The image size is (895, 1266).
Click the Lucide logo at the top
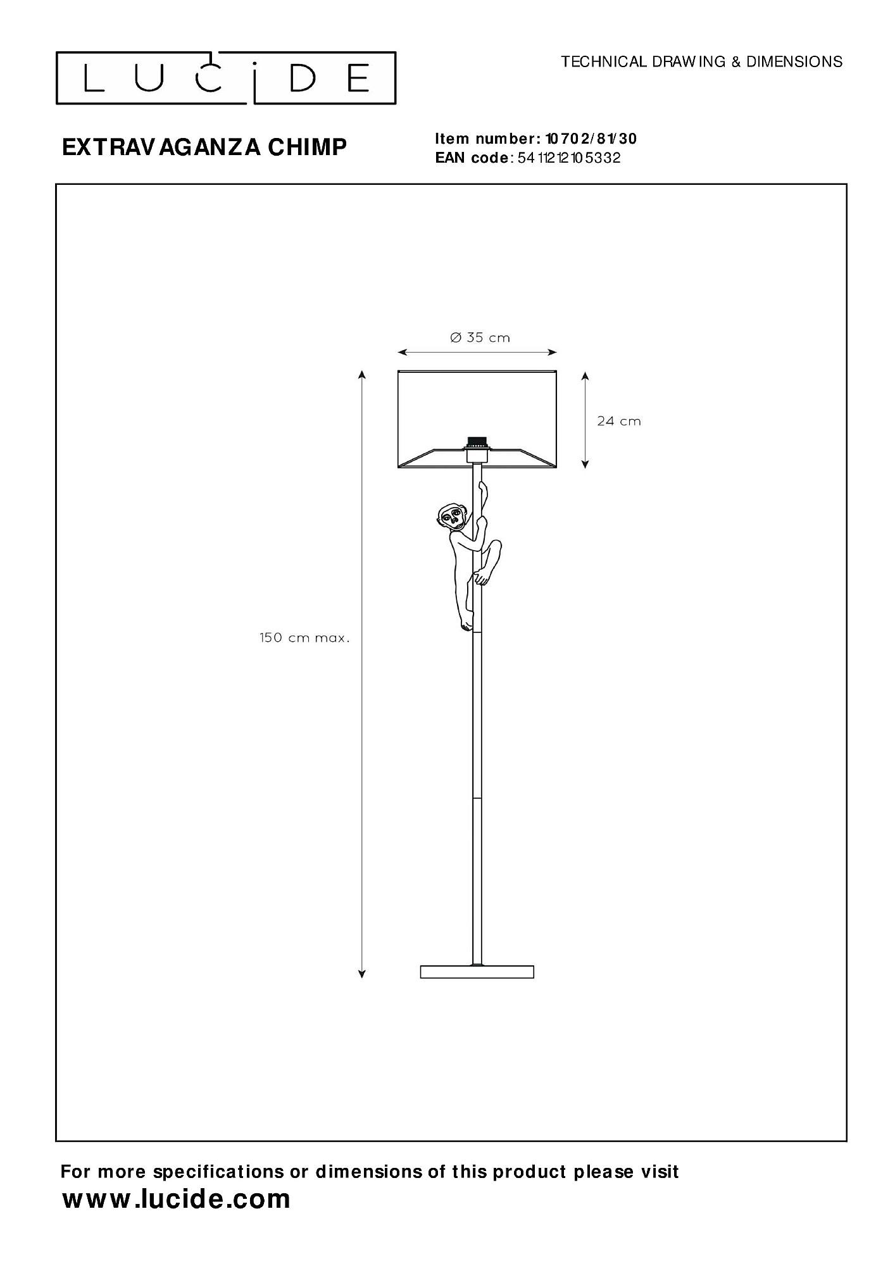pyautogui.click(x=226, y=78)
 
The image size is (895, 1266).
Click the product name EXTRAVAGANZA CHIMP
pyautogui.click(x=204, y=147)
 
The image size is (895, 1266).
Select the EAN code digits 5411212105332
pyautogui.click(x=569, y=158)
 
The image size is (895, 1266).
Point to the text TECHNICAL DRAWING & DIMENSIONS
pyautogui.click(x=702, y=61)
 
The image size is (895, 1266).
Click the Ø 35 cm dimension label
pyautogui.click(x=480, y=337)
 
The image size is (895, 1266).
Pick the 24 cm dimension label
pyautogui.click(x=619, y=421)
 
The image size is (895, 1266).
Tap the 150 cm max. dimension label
pyautogui.click(x=304, y=637)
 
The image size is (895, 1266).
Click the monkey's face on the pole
pyautogui.click(x=452, y=515)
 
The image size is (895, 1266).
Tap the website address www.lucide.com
pyautogui.click(x=176, y=1199)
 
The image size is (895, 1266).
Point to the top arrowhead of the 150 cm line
pyautogui.click(x=362, y=374)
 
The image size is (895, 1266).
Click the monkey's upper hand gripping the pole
pyautogui.click(x=483, y=488)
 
